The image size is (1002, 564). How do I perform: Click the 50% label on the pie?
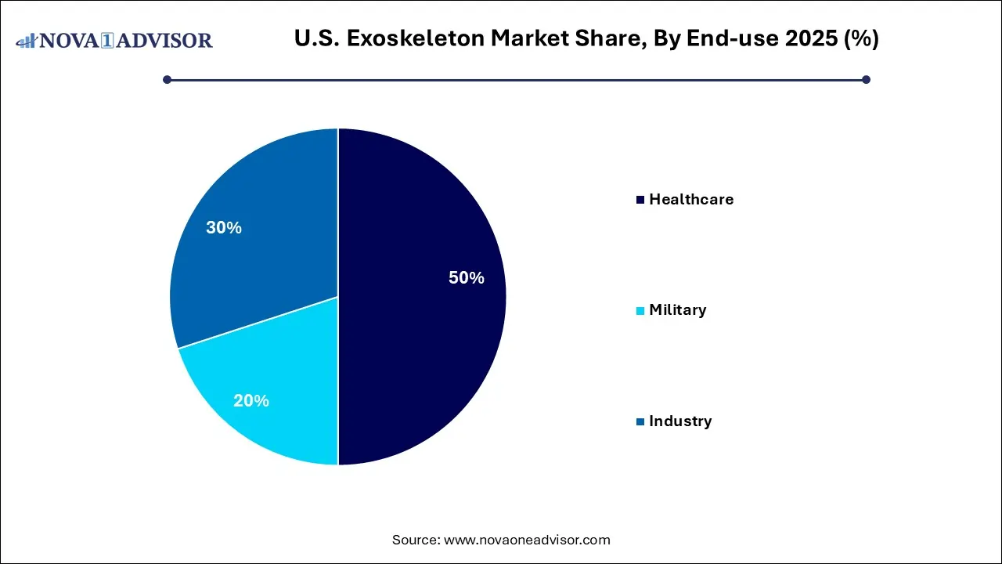click(466, 278)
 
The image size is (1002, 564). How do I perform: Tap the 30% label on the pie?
click(223, 228)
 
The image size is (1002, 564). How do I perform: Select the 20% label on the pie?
click(250, 401)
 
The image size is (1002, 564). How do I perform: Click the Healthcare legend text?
click(691, 200)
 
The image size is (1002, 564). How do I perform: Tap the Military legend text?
click(677, 310)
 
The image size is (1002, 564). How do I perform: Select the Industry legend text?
click(680, 421)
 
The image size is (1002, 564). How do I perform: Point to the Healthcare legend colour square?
click(640, 200)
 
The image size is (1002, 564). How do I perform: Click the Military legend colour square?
click(640, 311)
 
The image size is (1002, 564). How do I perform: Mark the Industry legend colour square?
click(640, 422)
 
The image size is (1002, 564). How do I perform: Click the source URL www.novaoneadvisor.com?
click(527, 540)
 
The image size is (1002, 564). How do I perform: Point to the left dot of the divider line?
click(167, 79)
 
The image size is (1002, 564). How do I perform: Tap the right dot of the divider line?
click(866, 79)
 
